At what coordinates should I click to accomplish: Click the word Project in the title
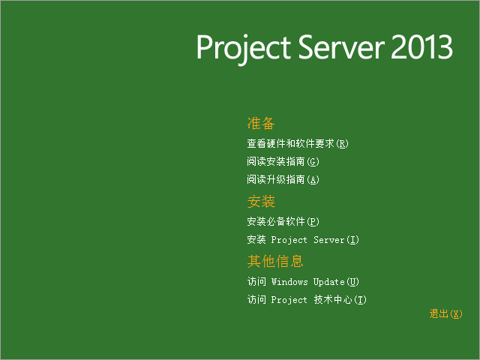(243, 48)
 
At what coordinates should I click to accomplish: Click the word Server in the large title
(341, 46)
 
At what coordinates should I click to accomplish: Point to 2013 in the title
(421, 46)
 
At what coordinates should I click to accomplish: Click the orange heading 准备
(261, 123)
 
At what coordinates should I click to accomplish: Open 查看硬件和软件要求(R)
(298, 143)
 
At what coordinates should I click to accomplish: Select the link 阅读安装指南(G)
(283, 161)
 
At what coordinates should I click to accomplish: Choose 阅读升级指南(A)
(283, 179)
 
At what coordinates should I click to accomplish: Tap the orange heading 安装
(261, 202)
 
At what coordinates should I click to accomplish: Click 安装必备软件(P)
(283, 221)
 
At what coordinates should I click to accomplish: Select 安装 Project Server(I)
(303, 239)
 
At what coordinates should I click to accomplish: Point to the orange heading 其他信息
(275, 261)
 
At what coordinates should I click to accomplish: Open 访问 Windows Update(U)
(303, 282)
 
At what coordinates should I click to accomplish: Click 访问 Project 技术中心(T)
(307, 300)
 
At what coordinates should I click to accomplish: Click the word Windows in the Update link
(289, 282)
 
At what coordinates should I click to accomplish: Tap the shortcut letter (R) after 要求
(342, 143)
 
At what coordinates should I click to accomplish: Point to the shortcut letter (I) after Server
(352, 240)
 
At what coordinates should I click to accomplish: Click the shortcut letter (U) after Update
(352, 282)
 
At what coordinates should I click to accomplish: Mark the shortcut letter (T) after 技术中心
(360, 300)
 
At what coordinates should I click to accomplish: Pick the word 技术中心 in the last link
(333, 300)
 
